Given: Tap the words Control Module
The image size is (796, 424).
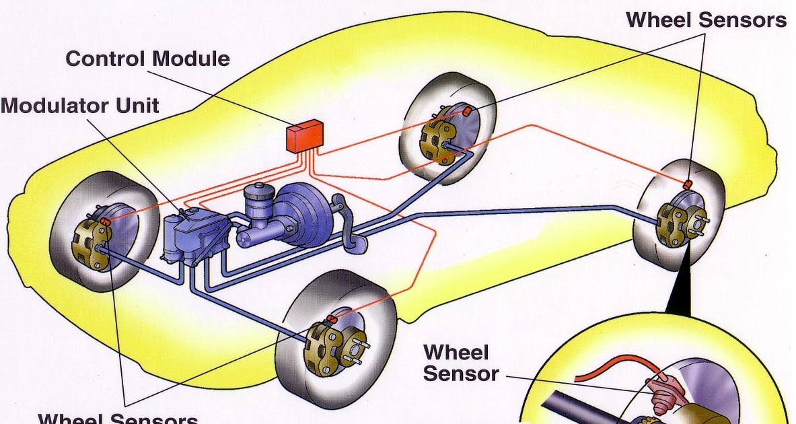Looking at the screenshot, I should coord(147,59).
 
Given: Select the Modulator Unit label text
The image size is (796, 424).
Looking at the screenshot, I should coord(79,106).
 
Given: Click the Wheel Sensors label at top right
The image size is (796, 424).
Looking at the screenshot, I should coord(706,20).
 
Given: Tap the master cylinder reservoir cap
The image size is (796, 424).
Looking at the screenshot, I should coord(257,190).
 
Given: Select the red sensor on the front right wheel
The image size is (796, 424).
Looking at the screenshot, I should coord(330,318).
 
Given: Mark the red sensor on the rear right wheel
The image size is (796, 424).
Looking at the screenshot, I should coord(688,184).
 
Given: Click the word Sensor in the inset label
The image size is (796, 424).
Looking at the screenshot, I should coord(461,374).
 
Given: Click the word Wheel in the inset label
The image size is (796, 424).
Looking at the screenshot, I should coord(456,352).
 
